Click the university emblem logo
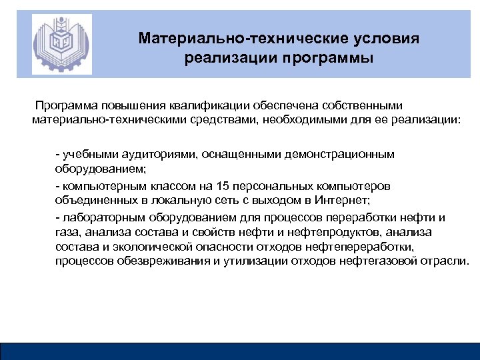pos(61,45)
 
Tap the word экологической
pos(151,246)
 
